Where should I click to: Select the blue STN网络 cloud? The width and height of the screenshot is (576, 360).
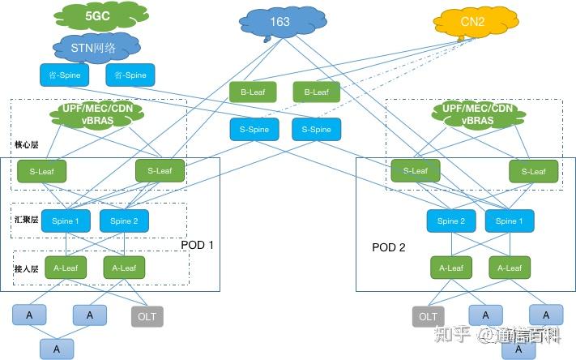94,47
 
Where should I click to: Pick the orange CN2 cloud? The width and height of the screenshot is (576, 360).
472,24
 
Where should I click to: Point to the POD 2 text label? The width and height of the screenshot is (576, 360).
389,246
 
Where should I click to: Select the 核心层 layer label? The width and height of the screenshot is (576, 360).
26,145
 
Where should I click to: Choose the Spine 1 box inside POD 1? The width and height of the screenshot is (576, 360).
66,221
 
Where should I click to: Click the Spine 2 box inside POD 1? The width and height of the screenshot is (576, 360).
124,221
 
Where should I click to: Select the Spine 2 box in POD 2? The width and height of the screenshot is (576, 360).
451,221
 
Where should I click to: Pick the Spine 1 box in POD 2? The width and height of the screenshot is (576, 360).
509,221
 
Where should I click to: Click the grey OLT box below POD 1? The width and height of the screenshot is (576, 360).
147,315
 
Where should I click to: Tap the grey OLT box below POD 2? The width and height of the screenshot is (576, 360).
429,315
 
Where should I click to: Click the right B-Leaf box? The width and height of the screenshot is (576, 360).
316,92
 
